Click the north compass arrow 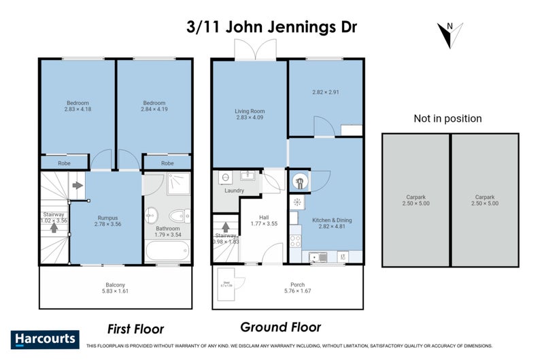pyautogui.click(x=450, y=34)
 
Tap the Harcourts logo pyautogui.click(x=45, y=339)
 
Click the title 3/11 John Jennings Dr pyautogui.click(x=272, y=29)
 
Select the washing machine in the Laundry pyautogui.click(x=225, y=178)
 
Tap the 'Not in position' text pyautogui.click(x=447, y=118)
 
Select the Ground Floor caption pyautogui.click(x=280, y=327)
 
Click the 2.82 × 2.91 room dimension pyautogui.click(x=326, y=92)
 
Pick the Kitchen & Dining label pyautogui.click(x=331, y=220)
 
